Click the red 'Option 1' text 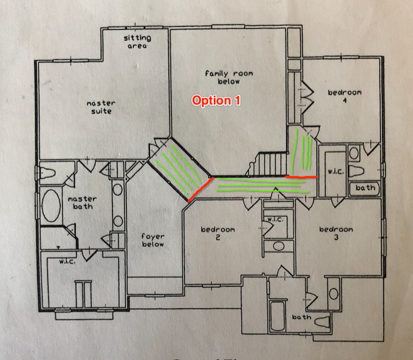216,101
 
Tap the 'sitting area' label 137,42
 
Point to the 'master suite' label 101,107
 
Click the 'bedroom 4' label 344,96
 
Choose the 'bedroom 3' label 336,233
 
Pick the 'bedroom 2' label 217,233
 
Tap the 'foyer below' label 153,240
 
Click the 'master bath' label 82,202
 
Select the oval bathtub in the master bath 51,205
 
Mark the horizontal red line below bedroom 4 301,176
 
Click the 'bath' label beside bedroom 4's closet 365,187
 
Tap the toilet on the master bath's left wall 46,173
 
